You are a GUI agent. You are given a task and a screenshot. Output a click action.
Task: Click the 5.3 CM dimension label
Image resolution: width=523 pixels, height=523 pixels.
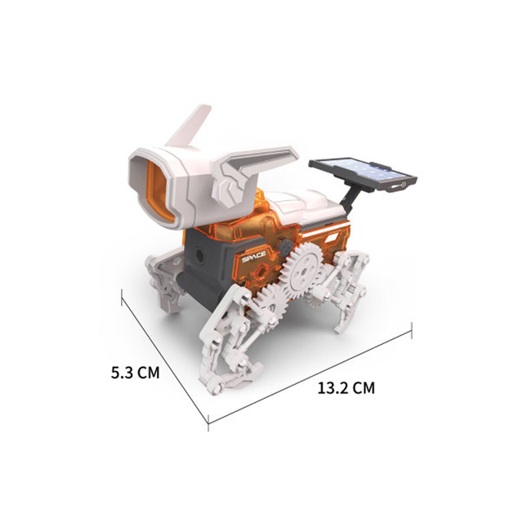coord(135,373)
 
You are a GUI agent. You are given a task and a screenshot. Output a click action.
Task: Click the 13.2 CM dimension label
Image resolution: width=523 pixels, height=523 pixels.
coord(346,388)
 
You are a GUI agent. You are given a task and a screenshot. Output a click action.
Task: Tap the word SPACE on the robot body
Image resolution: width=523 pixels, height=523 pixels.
coord(254,257)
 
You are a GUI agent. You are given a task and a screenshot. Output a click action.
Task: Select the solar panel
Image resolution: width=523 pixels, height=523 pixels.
coord(363,174)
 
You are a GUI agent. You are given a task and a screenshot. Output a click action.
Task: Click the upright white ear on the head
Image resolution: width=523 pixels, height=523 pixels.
coord(190,126)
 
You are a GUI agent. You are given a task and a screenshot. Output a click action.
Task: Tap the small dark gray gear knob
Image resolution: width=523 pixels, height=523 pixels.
coord(285,248)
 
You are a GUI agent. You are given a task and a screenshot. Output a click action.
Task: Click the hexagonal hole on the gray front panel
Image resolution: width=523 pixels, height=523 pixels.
coord(199,254)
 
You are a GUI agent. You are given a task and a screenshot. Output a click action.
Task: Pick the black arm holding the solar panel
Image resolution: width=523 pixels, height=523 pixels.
coord(349,198)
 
